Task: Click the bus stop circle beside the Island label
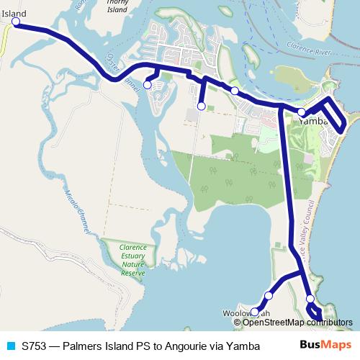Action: coord(14,23)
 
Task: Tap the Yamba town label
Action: coord(318,121)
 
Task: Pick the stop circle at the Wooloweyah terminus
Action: coord(253,312)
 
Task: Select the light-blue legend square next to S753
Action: coord(10,345)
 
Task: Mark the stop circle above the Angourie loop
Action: coord(310,299)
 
